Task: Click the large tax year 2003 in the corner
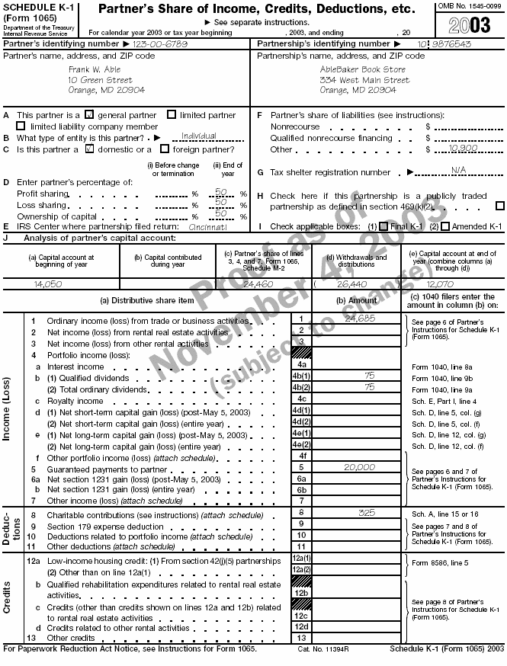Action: [x=470, y=24]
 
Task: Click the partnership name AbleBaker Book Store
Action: [x=362, y=69]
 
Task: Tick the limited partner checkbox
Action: [x=172, y=115]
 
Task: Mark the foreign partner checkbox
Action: [x=165, y=149]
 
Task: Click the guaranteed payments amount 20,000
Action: [x=360, y=466]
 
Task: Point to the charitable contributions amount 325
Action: [x=366, y=513]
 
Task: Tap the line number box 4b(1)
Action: [x=302, y=376]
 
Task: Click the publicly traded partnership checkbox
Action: [x=500, y=206]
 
